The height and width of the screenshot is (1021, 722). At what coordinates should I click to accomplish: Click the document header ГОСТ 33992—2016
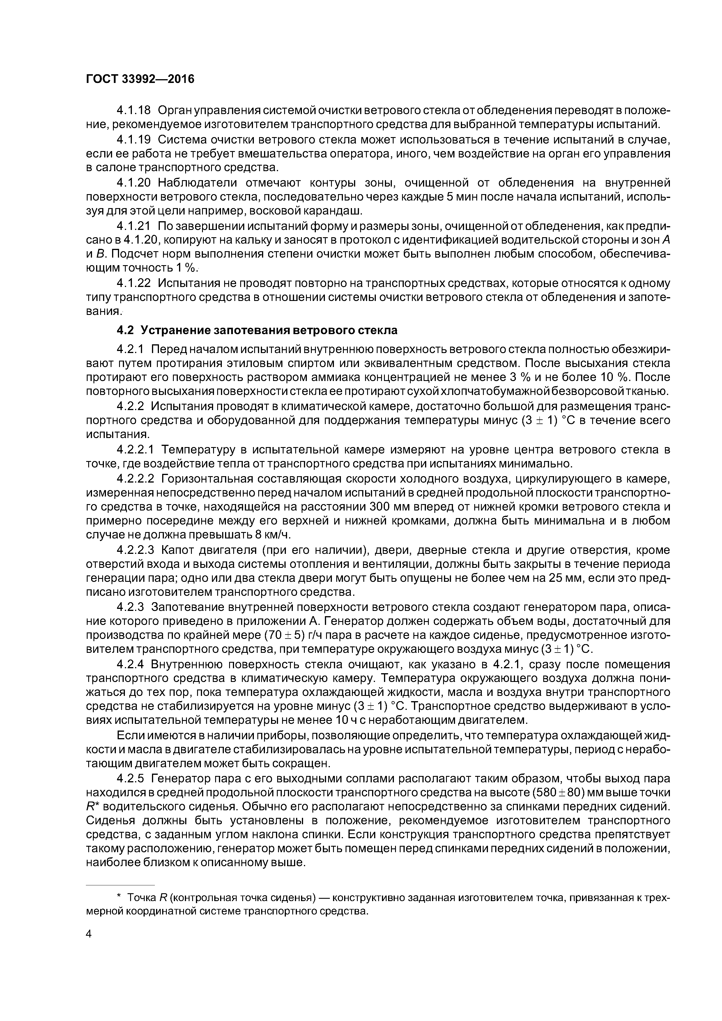click(x=140, y=79)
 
